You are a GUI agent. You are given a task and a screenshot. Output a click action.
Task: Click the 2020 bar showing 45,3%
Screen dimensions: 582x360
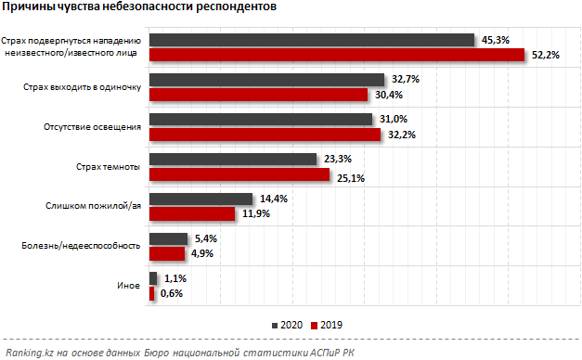pos(312,40)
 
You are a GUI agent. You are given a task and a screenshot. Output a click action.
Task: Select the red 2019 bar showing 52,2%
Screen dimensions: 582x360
pos(337,55)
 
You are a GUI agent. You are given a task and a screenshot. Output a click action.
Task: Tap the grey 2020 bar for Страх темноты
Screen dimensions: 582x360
pos(233,160)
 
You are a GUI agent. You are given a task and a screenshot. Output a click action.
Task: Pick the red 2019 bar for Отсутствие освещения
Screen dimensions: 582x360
pos(265,135)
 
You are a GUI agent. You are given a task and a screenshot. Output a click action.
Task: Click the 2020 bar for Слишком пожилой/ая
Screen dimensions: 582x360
pos(200,199)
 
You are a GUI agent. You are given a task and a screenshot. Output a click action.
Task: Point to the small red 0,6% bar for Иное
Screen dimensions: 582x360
pos(152,293)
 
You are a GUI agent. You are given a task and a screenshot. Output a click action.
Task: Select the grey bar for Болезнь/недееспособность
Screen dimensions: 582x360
pos(169,239)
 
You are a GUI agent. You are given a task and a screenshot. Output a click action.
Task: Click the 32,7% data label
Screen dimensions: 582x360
pos(406,79)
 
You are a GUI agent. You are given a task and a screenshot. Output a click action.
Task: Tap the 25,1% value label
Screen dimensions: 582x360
pos(351,178)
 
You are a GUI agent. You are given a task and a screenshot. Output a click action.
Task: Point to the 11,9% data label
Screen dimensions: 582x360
pos(256,213)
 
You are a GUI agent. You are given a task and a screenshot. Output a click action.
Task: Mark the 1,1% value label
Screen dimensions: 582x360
pos(175,278)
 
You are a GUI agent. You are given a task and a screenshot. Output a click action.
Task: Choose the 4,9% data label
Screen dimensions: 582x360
pos(202,253)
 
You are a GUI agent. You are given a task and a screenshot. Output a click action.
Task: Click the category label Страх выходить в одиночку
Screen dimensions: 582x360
pos(82,87)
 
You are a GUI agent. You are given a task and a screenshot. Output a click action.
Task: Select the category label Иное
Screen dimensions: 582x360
pos(128,286)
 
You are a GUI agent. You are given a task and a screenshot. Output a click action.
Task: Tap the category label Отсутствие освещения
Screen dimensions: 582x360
pos(93,127)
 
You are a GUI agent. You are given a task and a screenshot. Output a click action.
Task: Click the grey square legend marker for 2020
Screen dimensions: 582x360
pos(275,326)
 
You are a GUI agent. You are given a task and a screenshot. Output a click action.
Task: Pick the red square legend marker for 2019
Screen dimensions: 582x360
pos(315,326)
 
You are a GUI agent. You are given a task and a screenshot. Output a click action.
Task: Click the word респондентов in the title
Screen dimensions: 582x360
pos(236,6)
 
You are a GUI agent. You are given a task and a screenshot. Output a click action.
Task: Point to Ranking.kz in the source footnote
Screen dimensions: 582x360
pos(30,353)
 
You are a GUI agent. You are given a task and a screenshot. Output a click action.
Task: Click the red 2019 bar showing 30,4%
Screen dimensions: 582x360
pos(259,95)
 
